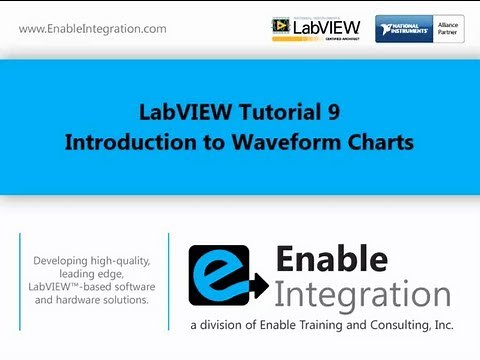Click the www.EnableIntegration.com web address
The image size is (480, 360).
pos(92,29)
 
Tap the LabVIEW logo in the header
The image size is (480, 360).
pos(314,28)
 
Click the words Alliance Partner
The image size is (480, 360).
pos(450,27)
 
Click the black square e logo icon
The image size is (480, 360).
pos(222,277)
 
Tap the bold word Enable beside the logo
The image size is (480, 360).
pos(331,261)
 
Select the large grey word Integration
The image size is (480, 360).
pos(362,295)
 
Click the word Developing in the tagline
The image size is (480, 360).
pos(66,261)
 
